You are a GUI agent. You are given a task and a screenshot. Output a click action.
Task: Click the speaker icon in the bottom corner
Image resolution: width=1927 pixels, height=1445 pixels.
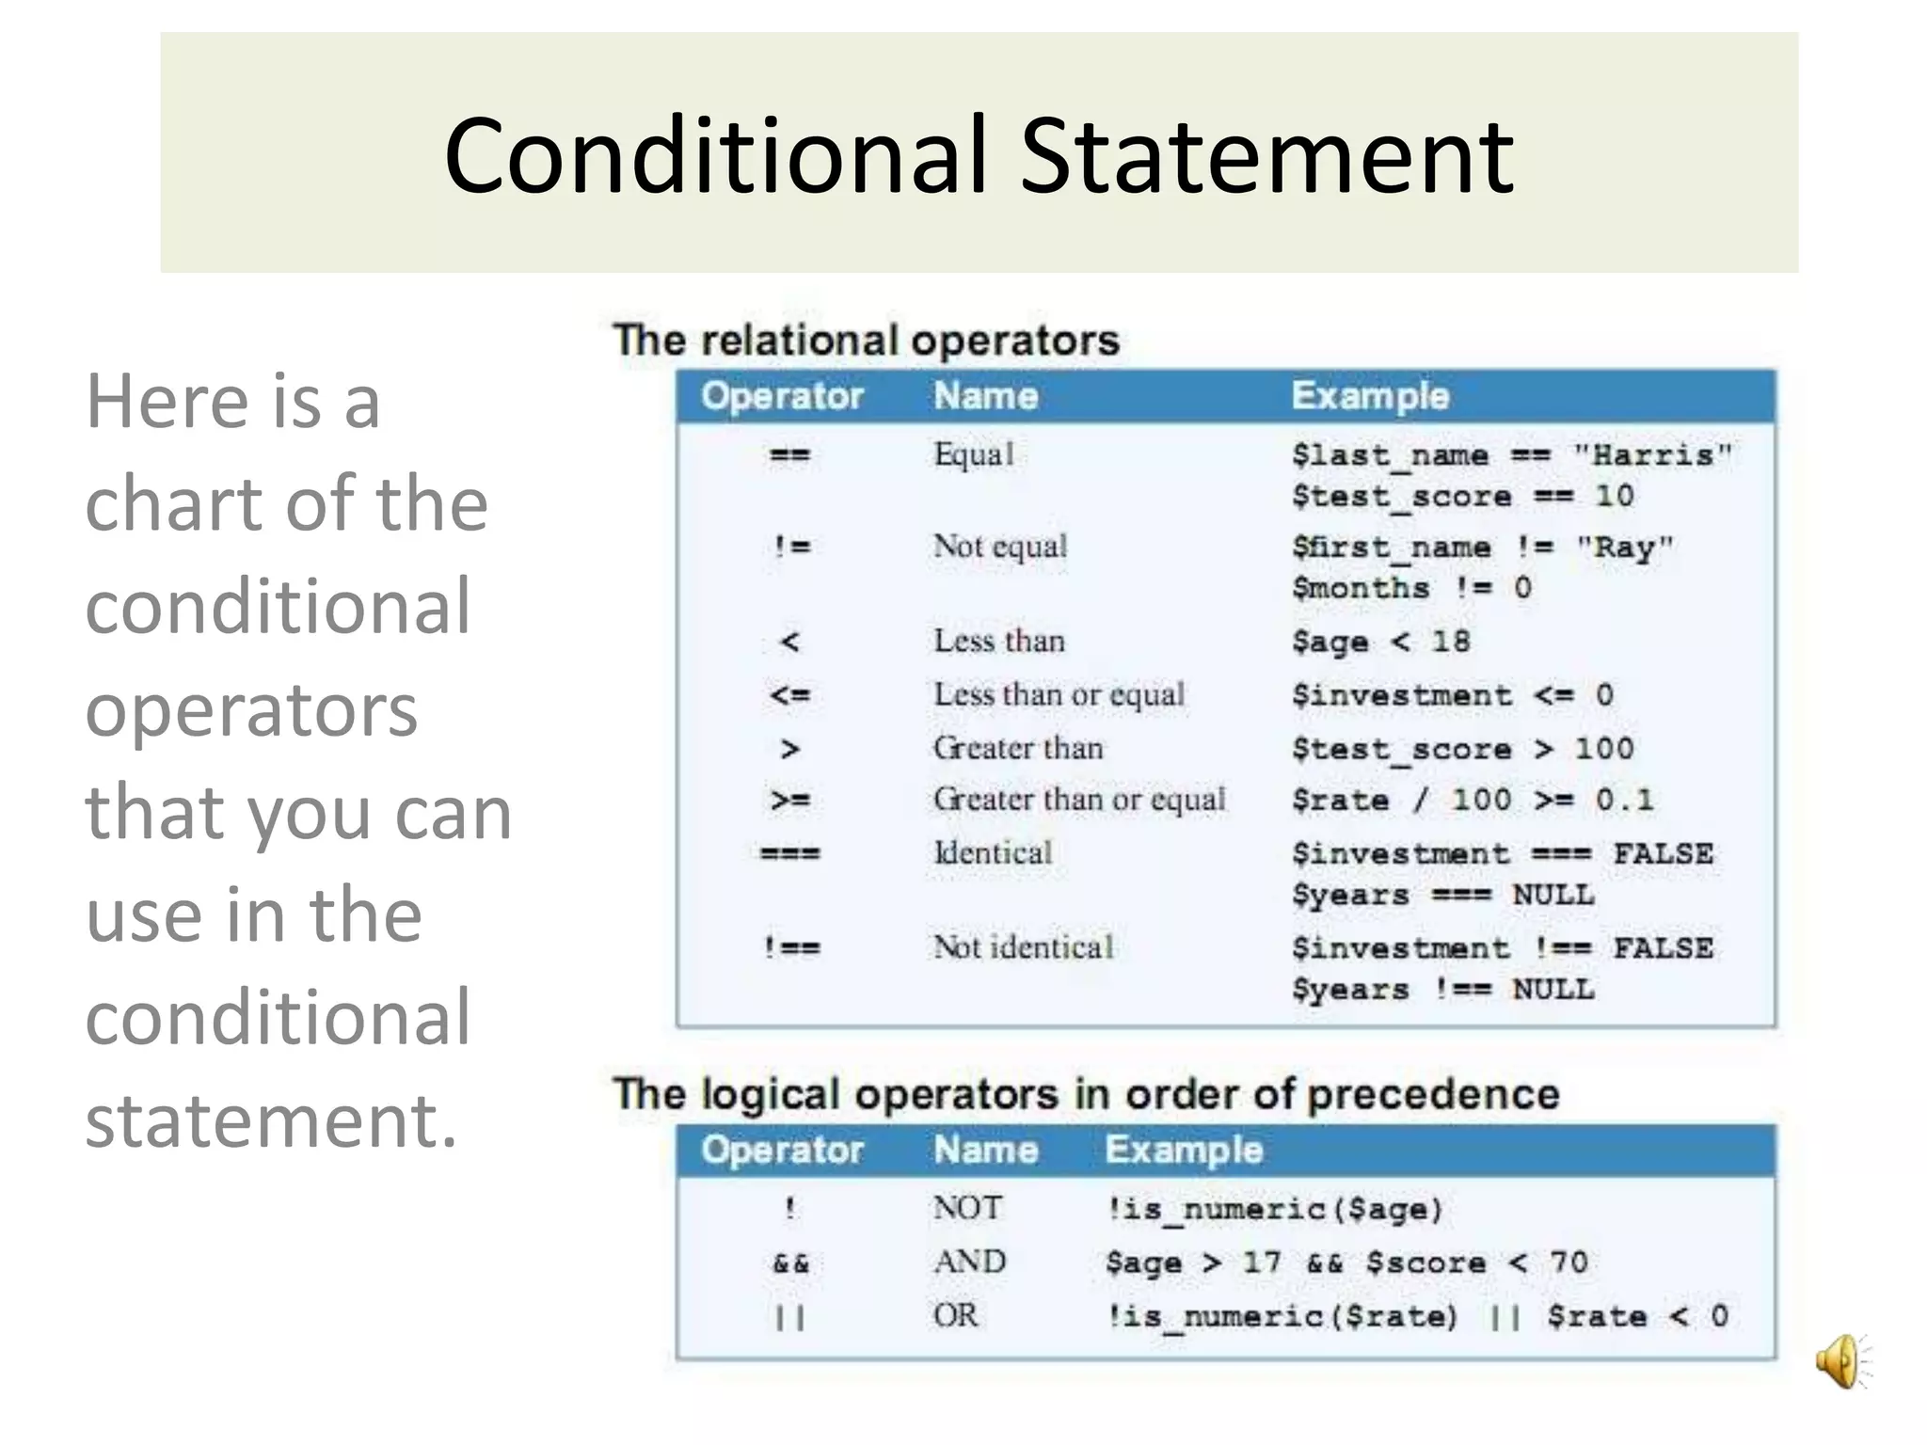point(1840,1361)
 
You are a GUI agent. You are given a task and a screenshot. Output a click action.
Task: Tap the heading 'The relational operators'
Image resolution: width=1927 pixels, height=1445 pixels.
point(866,340)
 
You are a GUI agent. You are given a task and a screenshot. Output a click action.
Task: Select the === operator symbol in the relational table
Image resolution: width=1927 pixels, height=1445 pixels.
point(790,854)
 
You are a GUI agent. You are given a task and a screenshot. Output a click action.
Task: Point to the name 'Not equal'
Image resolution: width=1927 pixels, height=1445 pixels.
point(1000,547)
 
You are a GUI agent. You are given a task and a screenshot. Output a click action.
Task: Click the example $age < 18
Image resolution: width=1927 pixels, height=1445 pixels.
point(1380,642)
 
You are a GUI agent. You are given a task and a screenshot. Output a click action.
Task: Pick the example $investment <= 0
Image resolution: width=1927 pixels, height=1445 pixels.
point(1452,695)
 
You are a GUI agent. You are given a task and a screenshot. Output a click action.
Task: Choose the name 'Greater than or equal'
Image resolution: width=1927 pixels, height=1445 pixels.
point(1079,800)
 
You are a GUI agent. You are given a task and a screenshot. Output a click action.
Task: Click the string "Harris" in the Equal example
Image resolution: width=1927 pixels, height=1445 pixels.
point(1652,455)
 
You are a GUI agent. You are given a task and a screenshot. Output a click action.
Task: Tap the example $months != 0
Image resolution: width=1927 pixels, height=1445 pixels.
point(1411,588)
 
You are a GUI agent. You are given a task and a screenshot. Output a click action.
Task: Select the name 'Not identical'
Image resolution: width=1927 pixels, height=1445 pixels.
point(1023,947)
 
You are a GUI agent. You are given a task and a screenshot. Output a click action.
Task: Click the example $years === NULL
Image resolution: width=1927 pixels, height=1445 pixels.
point(1442,895)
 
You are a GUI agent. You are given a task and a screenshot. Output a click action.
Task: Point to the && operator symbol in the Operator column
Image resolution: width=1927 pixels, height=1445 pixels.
point(790,1262)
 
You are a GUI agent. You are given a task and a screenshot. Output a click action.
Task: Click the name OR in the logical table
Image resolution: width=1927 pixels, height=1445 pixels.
point(955,1315)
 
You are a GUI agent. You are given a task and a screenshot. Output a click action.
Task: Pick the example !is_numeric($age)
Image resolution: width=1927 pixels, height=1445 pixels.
point(1274,1209)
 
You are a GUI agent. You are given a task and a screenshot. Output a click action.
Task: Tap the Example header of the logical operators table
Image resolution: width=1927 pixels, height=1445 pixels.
point(1183,1150)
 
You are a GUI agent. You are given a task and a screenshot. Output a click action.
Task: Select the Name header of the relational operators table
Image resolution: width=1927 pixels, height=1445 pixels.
point(985,396)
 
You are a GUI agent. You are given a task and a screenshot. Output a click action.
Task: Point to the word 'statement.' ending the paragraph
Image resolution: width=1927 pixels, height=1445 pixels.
point(271,1119)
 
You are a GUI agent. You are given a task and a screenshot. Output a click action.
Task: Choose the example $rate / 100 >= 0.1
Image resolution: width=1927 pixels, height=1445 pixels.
point(1472,801)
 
